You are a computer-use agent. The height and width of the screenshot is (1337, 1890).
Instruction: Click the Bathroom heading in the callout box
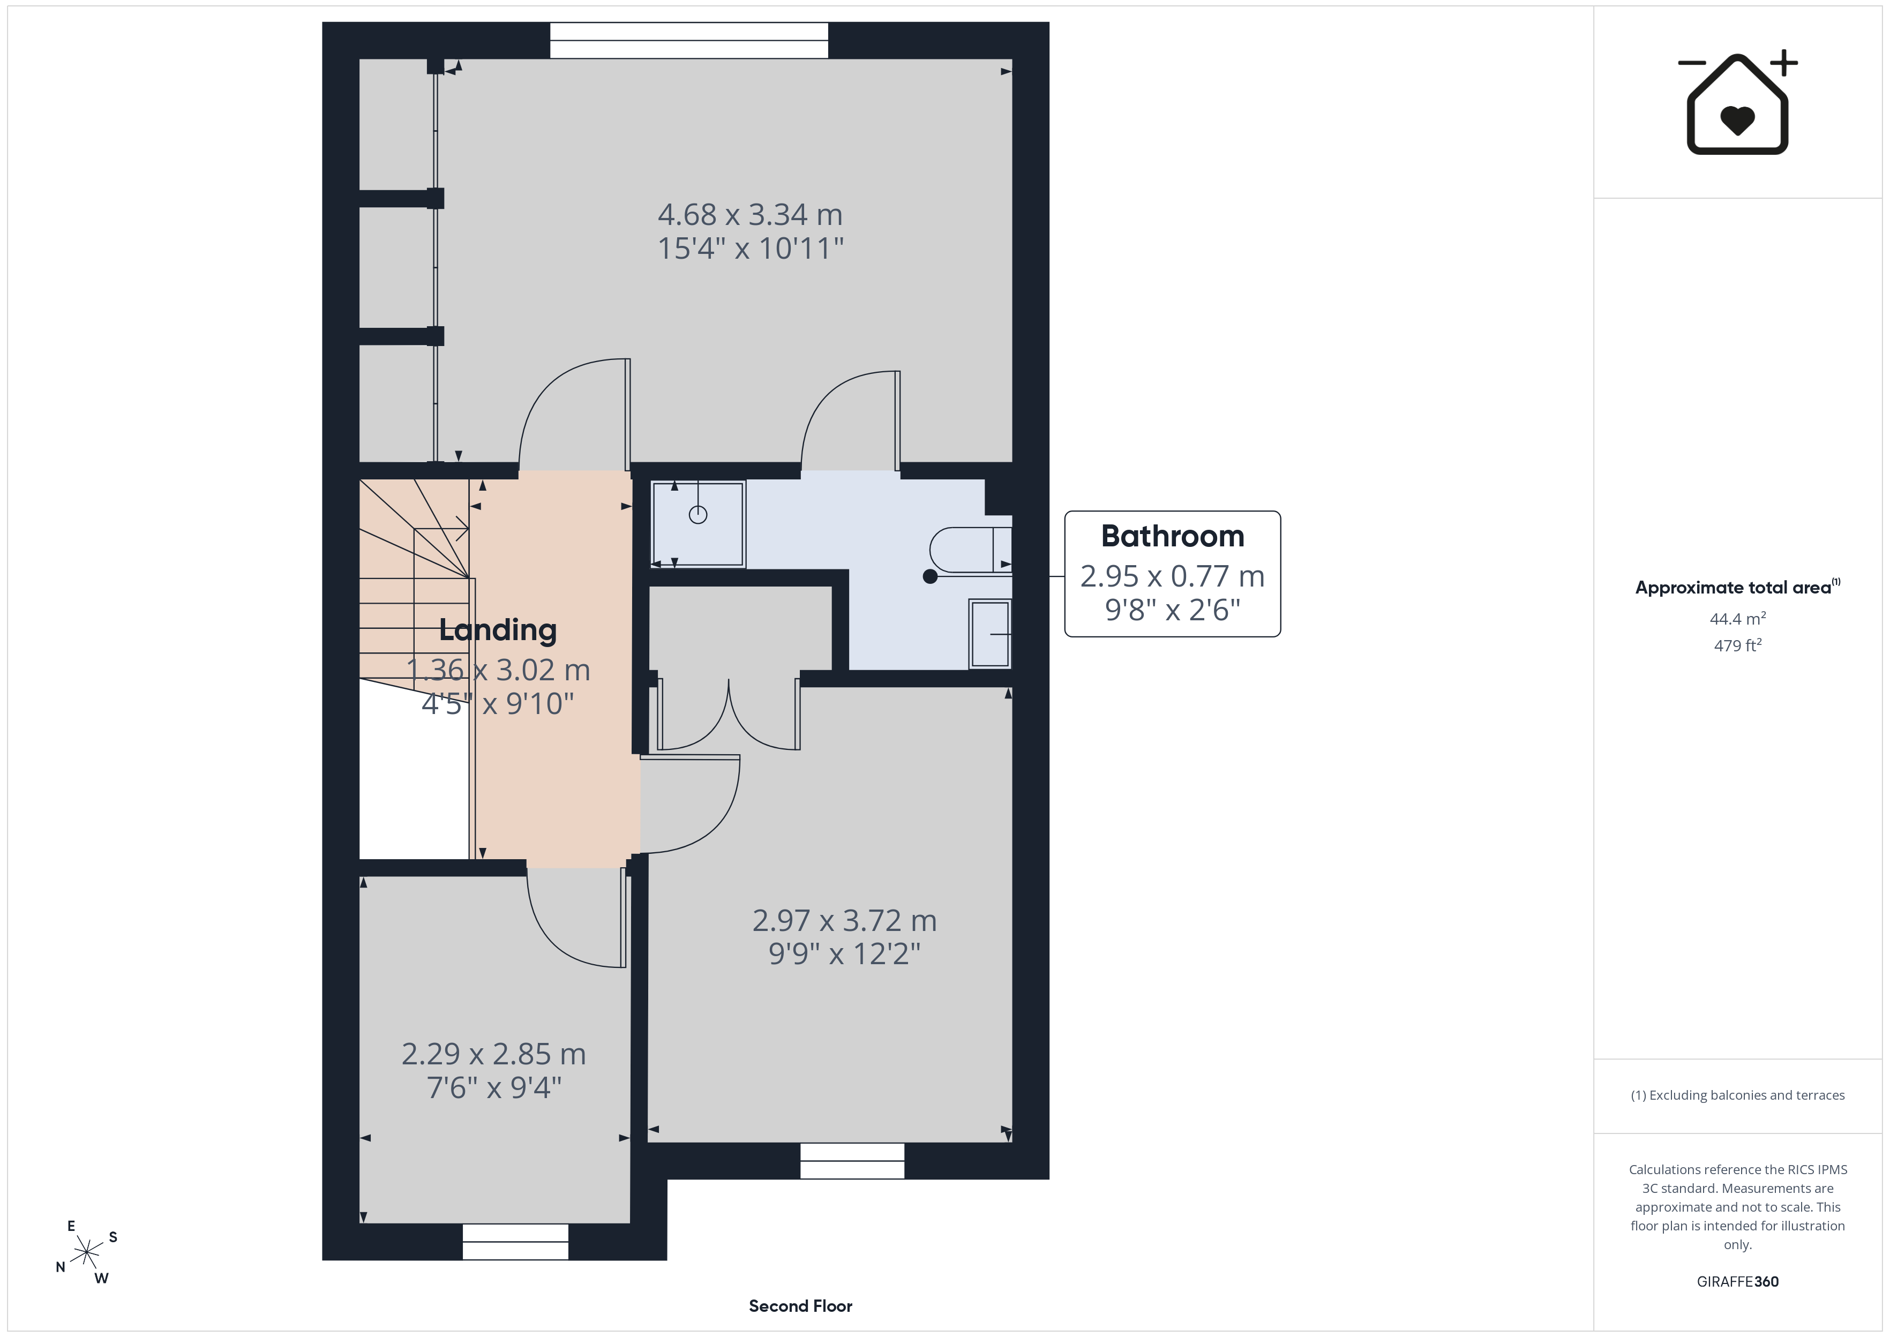tap(1172, 536)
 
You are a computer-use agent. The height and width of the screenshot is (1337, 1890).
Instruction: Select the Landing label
tap(498, 630)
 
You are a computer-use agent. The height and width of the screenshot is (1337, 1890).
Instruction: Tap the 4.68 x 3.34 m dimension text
tap(750, 215)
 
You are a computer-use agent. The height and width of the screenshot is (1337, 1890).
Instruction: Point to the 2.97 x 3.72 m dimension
tap(845, 920)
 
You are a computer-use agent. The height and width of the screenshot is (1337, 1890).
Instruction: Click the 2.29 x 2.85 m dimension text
tap(494, 1054)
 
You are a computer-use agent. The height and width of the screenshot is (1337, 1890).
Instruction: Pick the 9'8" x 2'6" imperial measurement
tap(1172, 610)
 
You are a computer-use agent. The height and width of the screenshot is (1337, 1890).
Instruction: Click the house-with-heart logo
tap(1738, 103)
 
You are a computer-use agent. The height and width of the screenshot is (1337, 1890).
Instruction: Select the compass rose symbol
tap(86, 1253)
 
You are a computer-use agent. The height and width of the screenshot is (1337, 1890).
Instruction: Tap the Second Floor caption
tap(800, 1306)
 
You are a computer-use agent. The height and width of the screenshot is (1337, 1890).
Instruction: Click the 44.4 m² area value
tap(1738, 618)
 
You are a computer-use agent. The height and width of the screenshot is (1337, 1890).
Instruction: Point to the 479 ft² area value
tap(1738, 645)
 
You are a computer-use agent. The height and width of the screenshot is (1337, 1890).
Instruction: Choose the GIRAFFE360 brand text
tap(1738, 1282)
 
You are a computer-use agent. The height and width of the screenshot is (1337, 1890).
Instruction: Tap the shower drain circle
tap(698, 515)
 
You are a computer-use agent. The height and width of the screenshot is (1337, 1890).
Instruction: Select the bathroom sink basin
tap(991, 634)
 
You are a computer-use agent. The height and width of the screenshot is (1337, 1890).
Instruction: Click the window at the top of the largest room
tap(689, 40)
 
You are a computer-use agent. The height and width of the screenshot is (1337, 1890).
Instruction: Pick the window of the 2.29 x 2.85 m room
tap(515, 1242)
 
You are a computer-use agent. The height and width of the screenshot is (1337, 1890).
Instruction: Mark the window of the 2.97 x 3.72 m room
tap(852, 1161)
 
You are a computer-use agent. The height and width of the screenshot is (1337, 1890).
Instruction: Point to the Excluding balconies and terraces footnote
tap(1738, 1095)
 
